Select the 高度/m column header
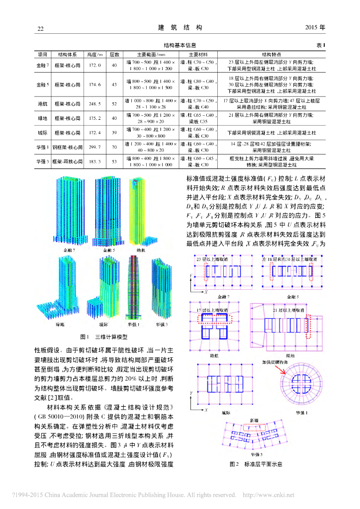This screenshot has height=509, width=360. [94, 54]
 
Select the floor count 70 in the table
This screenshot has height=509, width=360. [114, 147]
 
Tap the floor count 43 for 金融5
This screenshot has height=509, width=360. [114, 85]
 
